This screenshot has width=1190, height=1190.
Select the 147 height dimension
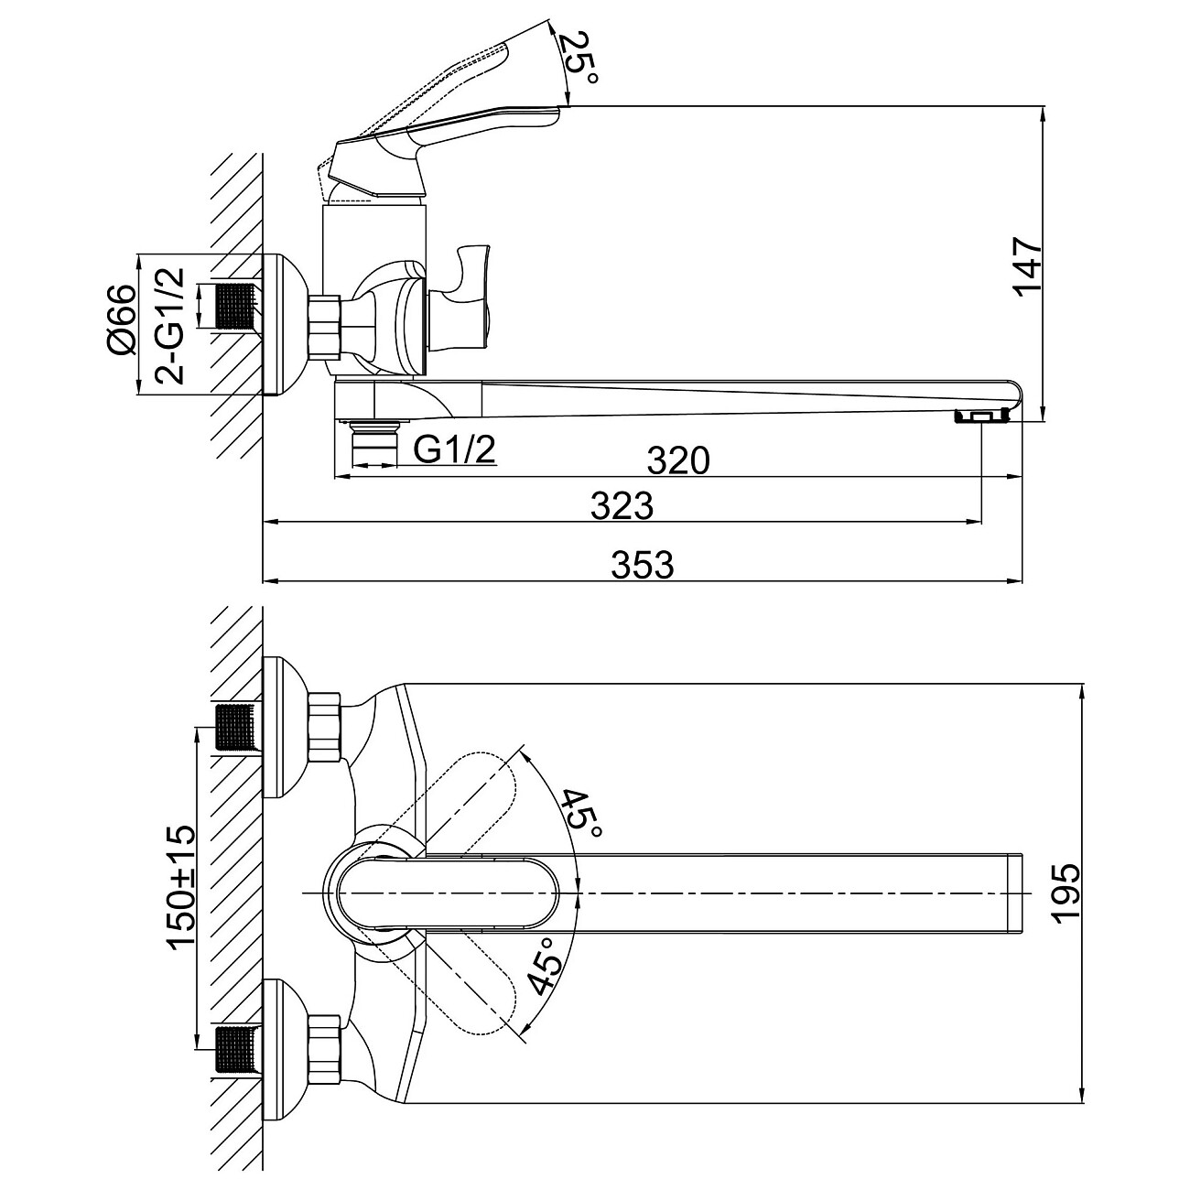click(x=1026, y=265)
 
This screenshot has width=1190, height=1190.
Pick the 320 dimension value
click(x=678, y=460)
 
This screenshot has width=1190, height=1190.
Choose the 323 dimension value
click(x=622, y=505)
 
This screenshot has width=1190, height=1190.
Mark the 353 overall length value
click(x=642, y=565)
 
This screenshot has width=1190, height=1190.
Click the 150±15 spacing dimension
click(x=181, y=889)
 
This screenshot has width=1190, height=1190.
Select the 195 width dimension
click(x=1065, y=893)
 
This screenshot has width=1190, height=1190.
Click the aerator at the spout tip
click(x=980, y=417)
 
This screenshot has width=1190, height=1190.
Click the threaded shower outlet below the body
click(x=374, y=443)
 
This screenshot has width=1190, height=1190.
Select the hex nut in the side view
click(x=324, y=327)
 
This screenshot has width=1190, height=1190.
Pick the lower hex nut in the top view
click(x=324, y=1044)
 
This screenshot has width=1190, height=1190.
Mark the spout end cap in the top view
click(x=1015, y=892)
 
